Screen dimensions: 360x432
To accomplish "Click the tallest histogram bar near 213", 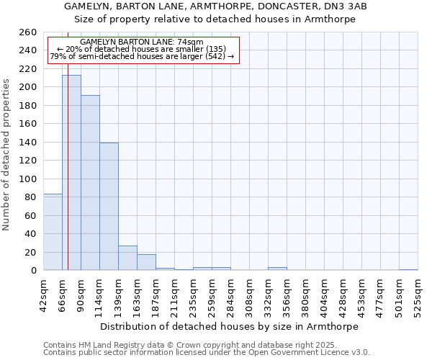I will point(71,173).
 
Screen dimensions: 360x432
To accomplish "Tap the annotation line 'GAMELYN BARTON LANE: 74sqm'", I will point(142,42).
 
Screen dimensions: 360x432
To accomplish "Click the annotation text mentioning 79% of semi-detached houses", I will point(142,56).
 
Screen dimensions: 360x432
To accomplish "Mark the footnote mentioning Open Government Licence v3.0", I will point(207,352).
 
